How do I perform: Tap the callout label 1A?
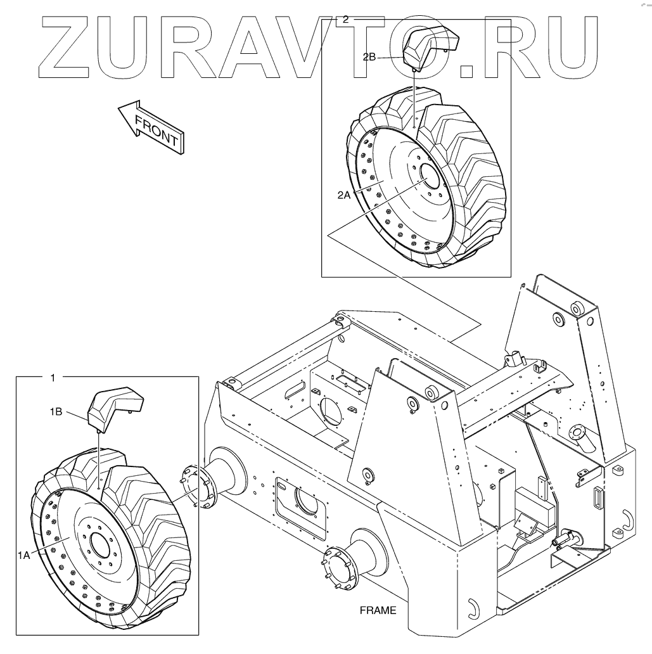tap(24, 555)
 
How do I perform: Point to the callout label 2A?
tap(344, 196)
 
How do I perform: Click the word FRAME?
tap(378, 611)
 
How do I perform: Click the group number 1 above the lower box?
tap(53, 377)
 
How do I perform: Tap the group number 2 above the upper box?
tap(345, 19)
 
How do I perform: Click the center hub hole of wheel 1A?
tap(100, 545)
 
